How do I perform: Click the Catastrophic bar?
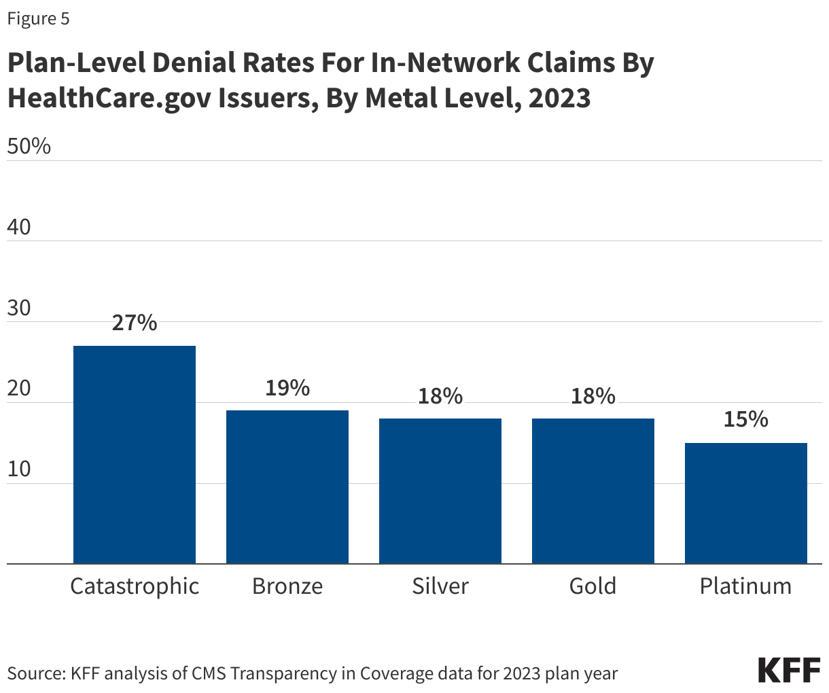(134, 455)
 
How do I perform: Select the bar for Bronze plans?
(287, 486)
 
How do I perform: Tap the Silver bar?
(440, 491)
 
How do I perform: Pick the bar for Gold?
(593, 491)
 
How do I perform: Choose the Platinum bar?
(745, 503)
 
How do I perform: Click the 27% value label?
(134, 323)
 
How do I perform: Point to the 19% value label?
(287, 388)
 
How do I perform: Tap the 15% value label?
(745, 419)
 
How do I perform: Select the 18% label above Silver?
(440, 395)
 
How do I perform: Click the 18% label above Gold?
(593, 395)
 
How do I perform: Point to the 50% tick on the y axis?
(29, 146)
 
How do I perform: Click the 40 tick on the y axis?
(19, 227)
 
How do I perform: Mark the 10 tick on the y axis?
(19, 469)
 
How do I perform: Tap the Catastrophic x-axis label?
(135, 586)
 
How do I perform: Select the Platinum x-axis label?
(745, 586)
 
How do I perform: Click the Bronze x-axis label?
(287, 586)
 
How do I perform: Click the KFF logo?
(789, 670)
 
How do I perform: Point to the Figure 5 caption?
(38, 18)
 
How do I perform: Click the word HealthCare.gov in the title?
(108, 99)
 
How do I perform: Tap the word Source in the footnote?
(35, 673)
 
